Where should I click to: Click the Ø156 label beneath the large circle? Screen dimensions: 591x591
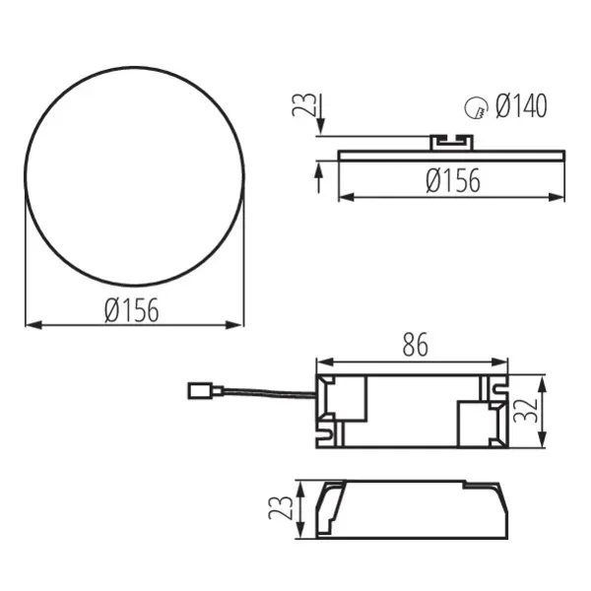click(131, 310)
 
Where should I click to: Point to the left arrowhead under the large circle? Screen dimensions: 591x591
click(31, 323)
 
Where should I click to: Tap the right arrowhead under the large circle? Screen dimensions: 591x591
click(236, 323)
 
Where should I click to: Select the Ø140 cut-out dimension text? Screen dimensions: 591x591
click(521, 106)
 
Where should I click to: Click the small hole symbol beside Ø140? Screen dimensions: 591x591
click(476, 108)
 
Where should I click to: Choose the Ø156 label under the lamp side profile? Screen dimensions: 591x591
click(453, 181)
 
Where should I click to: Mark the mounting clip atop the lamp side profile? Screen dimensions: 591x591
click(453, 142)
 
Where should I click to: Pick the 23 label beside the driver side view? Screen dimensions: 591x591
click(280, 509)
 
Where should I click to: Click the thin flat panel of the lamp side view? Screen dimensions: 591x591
click(453, 154)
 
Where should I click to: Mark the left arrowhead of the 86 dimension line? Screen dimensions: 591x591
click(321, 360)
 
